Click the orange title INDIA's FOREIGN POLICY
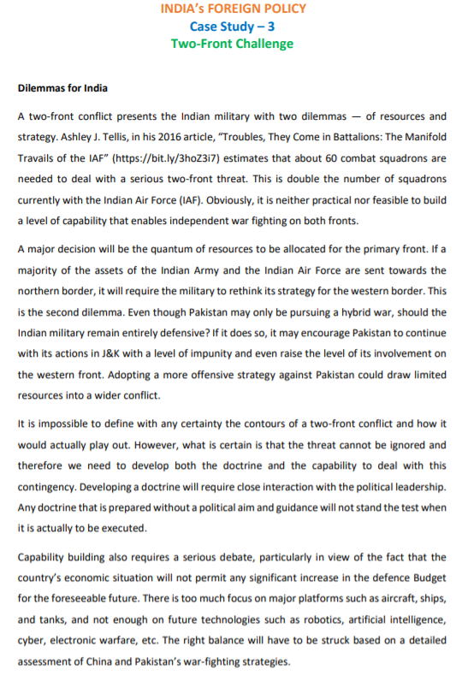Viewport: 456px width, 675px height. click(x=227, y=9)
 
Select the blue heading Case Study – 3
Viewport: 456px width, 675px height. click(x=227, y=26)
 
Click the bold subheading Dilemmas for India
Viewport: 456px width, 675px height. click(x=62, y=88)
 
